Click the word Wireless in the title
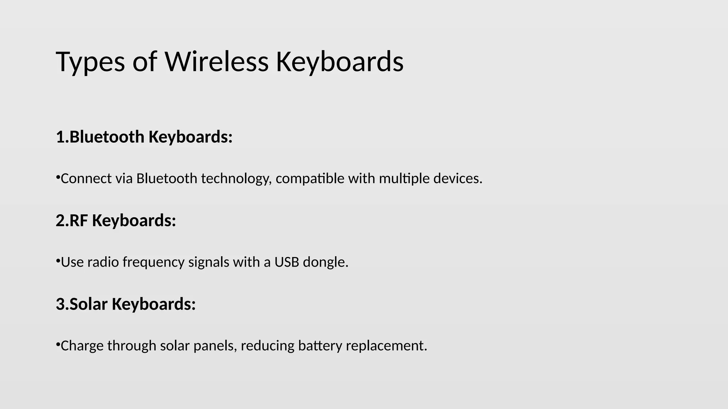tap(216, 62)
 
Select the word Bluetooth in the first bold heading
tap(107, 137)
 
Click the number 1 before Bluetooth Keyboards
tap(60, 137)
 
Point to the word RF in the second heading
tap(79, 220)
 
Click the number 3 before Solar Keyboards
tap(60, 304)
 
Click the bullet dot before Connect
tap(58, 176)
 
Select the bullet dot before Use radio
tap(58, 260)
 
